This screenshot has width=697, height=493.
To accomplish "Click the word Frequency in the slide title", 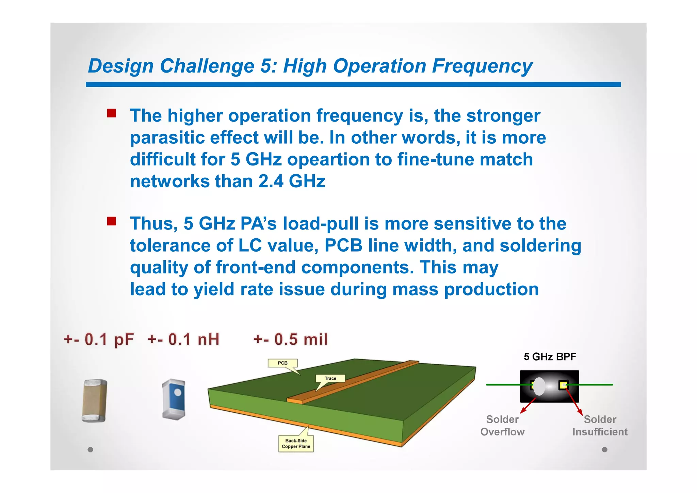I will (x=482, y=66).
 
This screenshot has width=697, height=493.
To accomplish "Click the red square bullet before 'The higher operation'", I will (x=111, y=113).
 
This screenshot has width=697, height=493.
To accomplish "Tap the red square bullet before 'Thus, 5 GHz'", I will (x=111, y=221).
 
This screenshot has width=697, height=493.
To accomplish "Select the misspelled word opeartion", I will (x=328, y=160).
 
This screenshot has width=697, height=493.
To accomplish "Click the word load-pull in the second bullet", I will (x=321, y=224).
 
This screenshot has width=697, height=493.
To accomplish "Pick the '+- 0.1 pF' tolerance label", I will (x=99, y=339).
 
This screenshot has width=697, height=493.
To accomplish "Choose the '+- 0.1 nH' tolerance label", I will (x=183, y=339).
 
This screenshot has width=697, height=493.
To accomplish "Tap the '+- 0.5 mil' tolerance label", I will (x=291, y=339).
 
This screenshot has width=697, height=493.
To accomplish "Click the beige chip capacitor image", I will (x=94, y=401).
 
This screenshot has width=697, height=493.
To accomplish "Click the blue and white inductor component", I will (x=174, y=399).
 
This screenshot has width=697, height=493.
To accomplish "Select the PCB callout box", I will (x=282, y=363).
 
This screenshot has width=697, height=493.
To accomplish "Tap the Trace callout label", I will (x=330, y=378).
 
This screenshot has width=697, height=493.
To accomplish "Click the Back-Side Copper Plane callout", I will (x=296, y=443).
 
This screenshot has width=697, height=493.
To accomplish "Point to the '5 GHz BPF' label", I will (x=550, y=357).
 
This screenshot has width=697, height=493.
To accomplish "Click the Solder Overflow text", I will (x=502, y=426).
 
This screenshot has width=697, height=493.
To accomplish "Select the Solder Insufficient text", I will (x=600, y=426).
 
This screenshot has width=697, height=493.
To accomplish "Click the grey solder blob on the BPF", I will (x=539, y=386).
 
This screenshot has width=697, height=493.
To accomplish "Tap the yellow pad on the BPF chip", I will (x=563, y=385).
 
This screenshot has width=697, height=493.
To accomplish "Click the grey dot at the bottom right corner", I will (x=604, y=449).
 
